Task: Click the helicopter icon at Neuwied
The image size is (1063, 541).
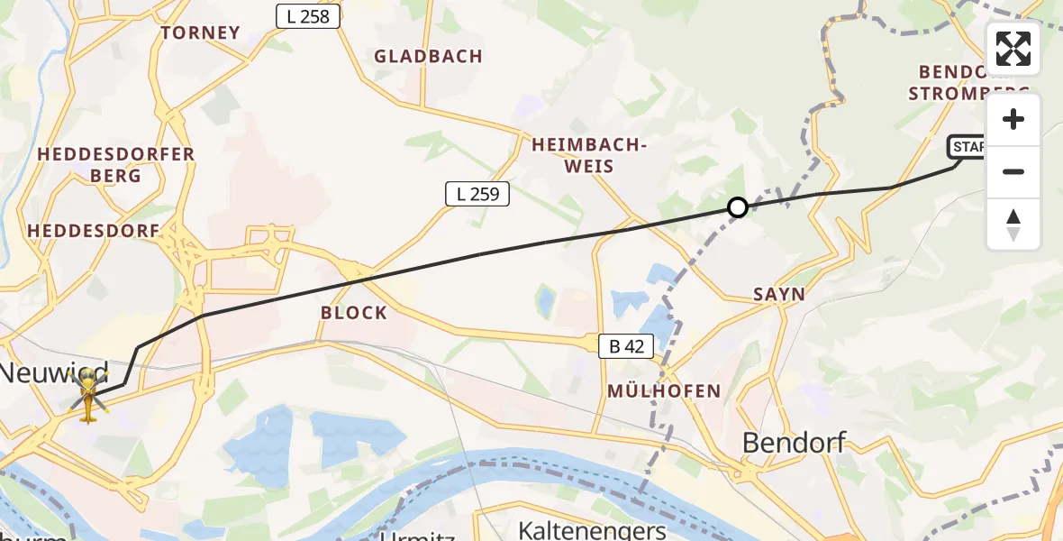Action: pos(88,399)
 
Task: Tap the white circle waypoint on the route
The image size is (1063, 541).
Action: pos(738,207)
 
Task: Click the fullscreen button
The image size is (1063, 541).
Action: pos(1013,49)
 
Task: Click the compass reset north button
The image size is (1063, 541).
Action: pos(1013,225)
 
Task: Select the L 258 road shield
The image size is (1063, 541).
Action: pos(308,16)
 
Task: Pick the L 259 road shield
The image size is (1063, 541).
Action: pos(477,193)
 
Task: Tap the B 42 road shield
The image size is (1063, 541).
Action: pos(627,345)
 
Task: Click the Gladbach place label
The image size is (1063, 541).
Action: pos(429,56)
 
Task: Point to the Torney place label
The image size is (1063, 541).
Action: pos(200,33)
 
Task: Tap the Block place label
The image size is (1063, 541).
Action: pos(354,313)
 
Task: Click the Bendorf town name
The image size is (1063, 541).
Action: pos(795,442)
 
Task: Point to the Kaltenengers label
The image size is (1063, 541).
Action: pos(592,529)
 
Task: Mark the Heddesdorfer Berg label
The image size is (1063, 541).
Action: pos(116,164)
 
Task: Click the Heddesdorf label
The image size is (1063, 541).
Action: pos(94,231)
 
